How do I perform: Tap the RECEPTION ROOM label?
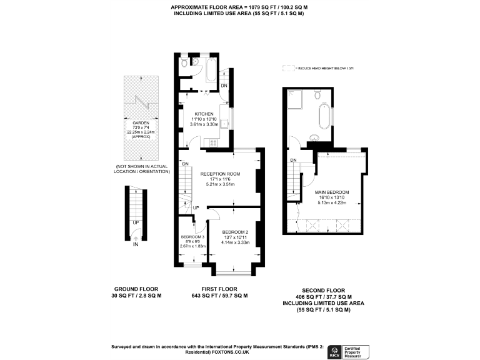click(x=219, y=173)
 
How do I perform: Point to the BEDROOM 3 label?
click(x=192, y=237)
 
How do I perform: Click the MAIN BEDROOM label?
click(x=332, y=192)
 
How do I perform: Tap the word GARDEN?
click(x=141, y=123)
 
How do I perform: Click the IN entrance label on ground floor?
click(x=136, y=244)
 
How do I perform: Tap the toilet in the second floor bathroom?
click(x=319, y=95)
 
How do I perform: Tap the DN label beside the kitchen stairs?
click(x=224, y=86)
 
